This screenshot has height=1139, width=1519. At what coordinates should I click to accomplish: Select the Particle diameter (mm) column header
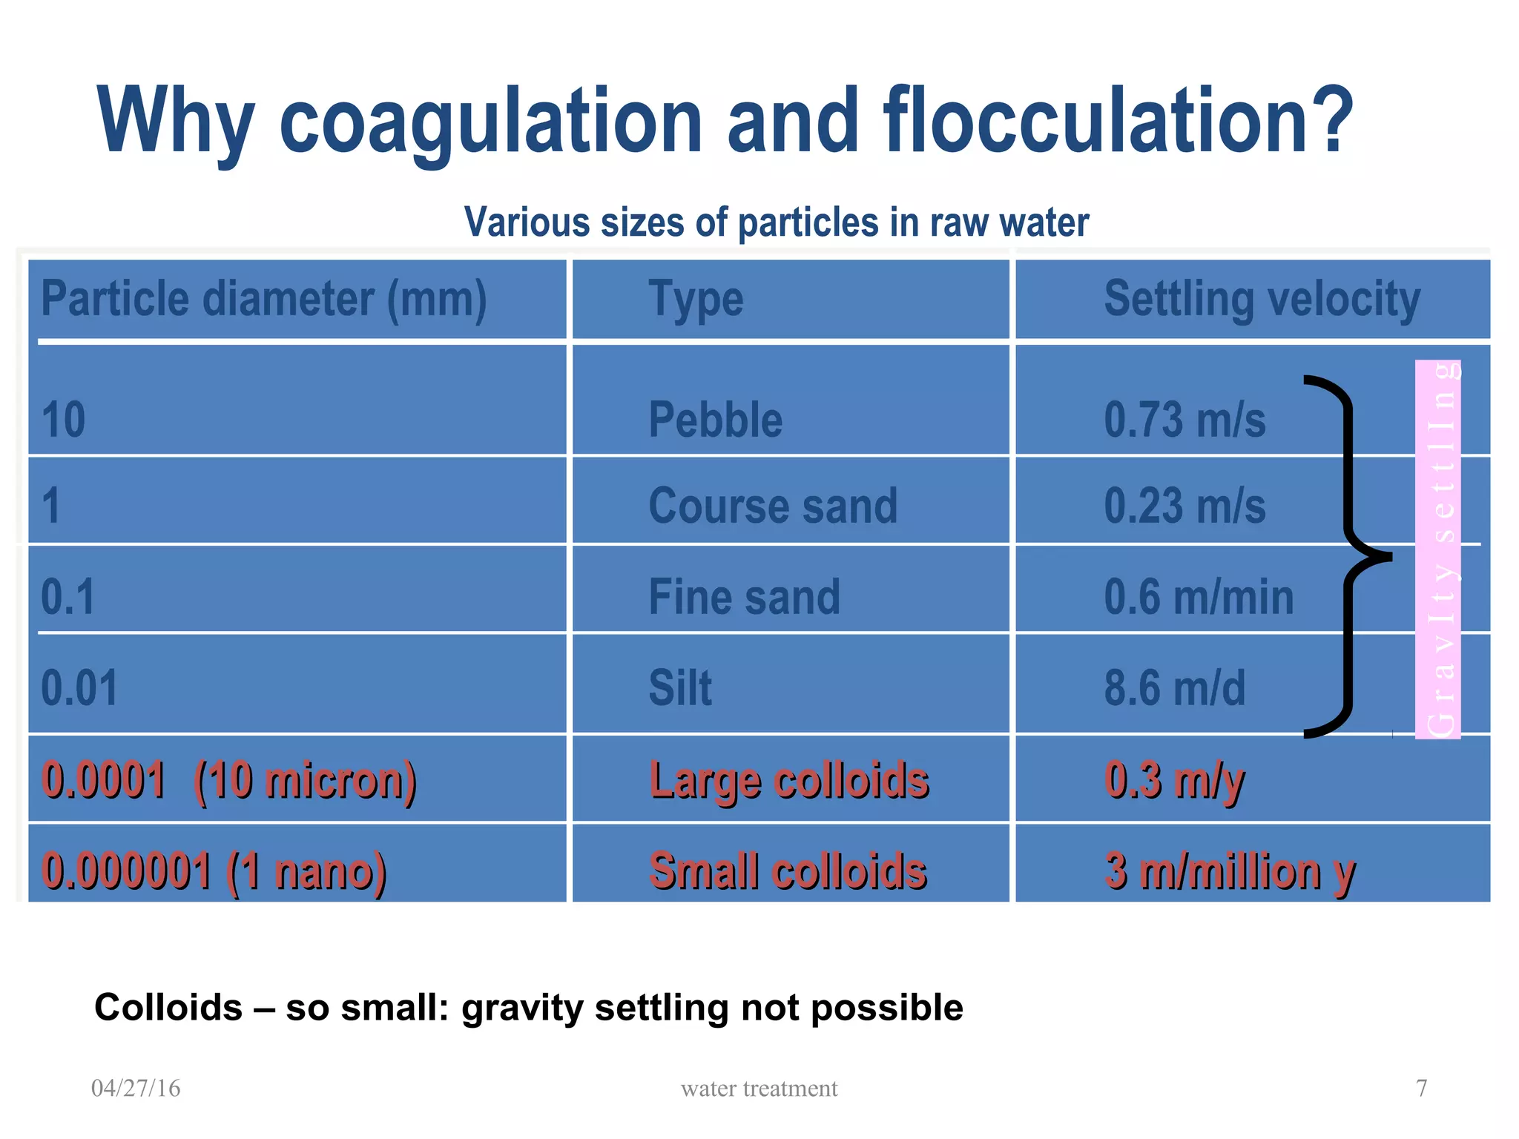[263, 300]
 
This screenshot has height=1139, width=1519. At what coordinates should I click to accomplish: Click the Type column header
[695, 300]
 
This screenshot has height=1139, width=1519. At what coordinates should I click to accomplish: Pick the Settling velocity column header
[1261, 300]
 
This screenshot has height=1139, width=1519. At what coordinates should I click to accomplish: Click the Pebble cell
[715, 420]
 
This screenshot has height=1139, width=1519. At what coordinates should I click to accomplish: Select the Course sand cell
[772, 506]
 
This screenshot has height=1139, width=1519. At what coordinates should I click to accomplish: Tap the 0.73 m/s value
[1184, 420]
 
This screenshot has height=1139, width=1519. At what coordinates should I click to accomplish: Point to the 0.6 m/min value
[1198, 597]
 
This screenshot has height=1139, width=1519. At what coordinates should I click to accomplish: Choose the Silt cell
[679, 687]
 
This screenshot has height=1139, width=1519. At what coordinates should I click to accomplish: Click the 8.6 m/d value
[1174, 687]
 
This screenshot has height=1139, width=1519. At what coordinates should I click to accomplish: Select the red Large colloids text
[788, 780]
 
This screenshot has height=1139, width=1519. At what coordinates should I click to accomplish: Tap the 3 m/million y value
[1229, 871]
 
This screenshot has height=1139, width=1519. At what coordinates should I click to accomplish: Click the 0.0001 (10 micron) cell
[228, 780]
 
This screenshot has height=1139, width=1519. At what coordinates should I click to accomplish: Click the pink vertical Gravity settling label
[1437, 549]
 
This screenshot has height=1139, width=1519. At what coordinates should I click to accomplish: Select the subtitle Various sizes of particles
[776, 222]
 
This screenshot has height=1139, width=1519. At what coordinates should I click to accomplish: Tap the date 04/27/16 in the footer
[136, 1088]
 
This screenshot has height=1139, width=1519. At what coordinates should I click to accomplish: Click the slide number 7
[1421, 1088]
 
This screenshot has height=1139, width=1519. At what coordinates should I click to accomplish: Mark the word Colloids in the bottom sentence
[168, 1008]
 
